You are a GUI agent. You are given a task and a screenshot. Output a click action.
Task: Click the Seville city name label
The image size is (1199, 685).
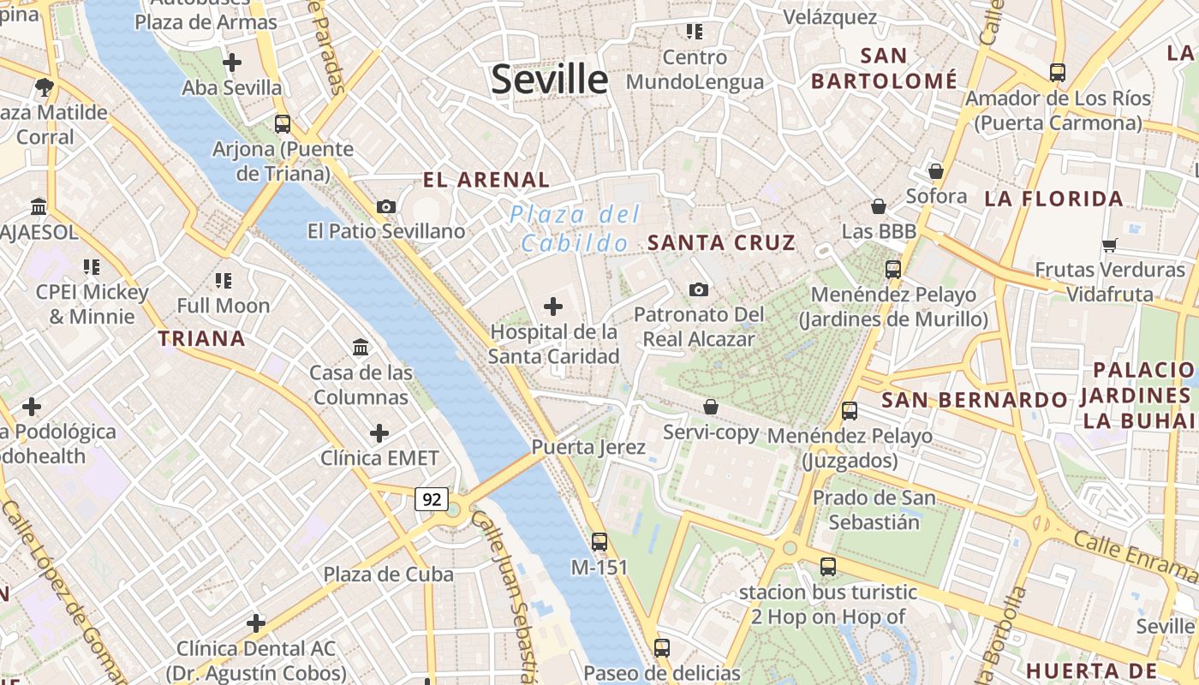click(x=549, y=80)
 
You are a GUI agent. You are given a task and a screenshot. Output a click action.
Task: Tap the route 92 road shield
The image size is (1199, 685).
click(x=432, y=498)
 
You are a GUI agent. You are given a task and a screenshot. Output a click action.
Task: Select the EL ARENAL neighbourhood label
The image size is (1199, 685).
click(x=486, y=180)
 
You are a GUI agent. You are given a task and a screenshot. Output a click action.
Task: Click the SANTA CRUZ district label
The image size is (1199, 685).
click(x=722, y=242)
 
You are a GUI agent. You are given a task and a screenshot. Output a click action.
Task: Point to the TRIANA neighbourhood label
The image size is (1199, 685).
click(x=202, y=338)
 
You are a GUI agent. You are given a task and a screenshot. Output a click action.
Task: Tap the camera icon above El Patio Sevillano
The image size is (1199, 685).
click(x=386, y=206)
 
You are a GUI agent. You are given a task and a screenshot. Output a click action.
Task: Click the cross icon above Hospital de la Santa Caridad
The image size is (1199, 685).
click(x=553, y=306)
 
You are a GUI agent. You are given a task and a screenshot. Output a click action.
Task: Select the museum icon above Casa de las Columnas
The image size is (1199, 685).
click(x=361, y=348)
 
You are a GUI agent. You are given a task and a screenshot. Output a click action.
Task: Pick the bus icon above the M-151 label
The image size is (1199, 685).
click(x=599, y=541)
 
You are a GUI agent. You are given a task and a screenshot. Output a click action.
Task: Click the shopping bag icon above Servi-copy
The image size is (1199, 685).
click(x=711, y=407)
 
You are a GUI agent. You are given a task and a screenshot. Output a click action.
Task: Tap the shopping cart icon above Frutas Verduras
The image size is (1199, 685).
click(x=1110, y=246)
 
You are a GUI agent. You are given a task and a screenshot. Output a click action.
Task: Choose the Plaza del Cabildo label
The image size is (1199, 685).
click(x=576, y=229)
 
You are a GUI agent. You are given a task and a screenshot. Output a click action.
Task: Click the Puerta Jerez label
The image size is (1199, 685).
click(x=588, y=447)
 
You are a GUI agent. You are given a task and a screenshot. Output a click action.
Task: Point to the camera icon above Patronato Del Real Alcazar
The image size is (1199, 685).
click(x=699, y=289)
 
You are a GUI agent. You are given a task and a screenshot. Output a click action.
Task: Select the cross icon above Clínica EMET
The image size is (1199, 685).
click(x=379, y=433)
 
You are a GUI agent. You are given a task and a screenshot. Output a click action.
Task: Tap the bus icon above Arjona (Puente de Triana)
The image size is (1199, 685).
click(x=283, y=123)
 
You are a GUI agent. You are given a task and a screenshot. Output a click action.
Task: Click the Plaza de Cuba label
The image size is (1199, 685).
click(x=388, y=575)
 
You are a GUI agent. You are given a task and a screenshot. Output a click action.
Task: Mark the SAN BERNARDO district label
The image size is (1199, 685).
click(x=975, y=400)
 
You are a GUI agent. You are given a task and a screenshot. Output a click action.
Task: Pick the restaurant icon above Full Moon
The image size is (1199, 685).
click(x=224, y=280)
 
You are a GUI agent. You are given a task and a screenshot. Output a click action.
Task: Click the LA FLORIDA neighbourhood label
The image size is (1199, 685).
click(x=1053, y=200)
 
